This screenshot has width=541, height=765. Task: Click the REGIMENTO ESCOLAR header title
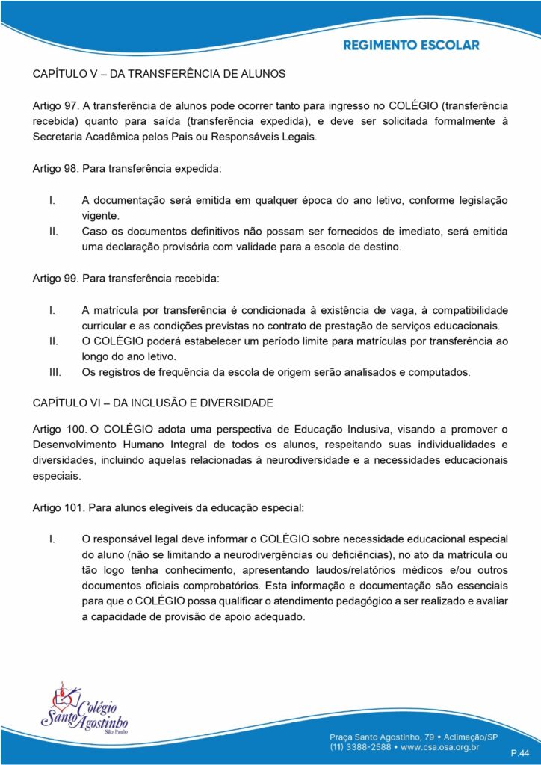(411, 45)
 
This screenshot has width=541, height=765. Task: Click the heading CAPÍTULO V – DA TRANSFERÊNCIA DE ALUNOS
(159, 74)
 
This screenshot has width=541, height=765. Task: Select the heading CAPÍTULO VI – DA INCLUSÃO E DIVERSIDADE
(153, 403)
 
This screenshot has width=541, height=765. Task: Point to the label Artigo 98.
(56, 170)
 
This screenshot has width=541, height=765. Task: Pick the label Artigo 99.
(56, 279)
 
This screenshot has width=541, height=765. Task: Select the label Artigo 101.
(59, 509)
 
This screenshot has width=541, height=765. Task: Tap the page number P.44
(520, 752)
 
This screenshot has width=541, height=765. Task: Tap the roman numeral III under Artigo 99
(53, 371)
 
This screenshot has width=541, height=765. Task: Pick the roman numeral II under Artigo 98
(53, 231)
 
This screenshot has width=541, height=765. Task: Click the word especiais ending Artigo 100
(56, 476)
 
